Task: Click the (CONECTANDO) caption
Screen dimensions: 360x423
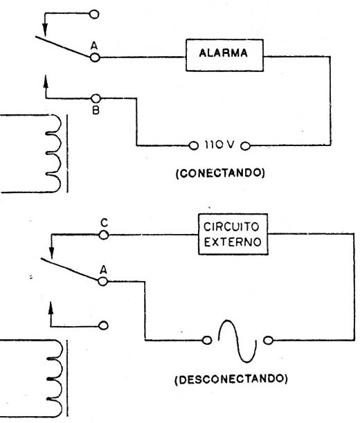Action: [x=220, y=172]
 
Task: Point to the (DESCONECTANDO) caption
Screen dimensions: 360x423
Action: [x=231, y=379]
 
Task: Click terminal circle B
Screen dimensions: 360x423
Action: [x=96, y=98]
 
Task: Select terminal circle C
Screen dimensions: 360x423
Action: [x=104, y=235]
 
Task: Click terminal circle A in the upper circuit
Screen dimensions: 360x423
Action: [x=95, y=57]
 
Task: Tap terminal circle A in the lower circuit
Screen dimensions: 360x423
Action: [x=103, y=282]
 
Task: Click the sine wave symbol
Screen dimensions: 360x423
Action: [x=237, y=341]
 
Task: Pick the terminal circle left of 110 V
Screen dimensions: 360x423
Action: [x=193, y=145]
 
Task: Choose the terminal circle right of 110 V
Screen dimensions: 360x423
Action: [x=245, y=146]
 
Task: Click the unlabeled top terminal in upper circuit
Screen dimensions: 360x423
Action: [x=94, y=14]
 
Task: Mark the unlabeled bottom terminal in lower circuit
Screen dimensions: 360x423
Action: [x=103, y=325]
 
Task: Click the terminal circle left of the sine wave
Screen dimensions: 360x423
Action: [x=207, y=340]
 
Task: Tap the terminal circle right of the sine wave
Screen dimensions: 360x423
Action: [x=268, y=340]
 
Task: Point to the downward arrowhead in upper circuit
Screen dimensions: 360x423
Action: [x=45, y=30]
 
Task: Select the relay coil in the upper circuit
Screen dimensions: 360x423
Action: [x=53, y=154]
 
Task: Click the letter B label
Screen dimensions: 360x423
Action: [x=96, y=110]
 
